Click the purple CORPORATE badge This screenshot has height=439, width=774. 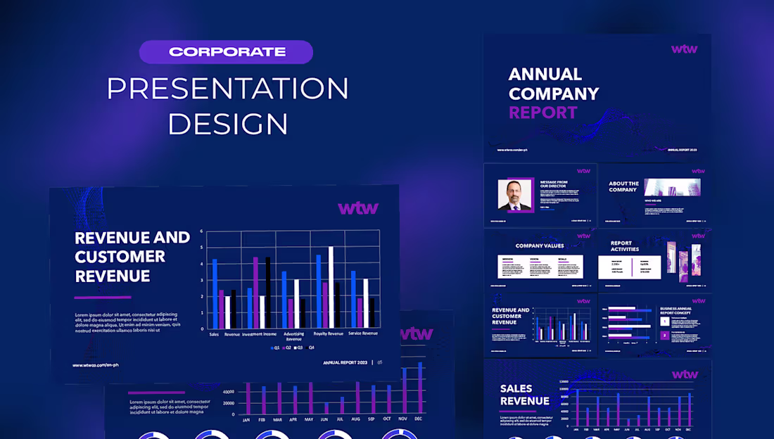coord(226,52)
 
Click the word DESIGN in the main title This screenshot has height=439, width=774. coord(227,123)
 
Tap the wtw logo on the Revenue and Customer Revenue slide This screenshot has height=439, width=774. coord(358,208)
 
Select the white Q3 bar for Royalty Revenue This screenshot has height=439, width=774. coord(331,287)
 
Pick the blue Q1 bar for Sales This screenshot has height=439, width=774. coord(215,293)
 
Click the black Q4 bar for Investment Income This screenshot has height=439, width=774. coord(267,292)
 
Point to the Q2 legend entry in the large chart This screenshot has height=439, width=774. coord(289,348)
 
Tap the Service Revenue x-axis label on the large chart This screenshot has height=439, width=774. coord(362,333)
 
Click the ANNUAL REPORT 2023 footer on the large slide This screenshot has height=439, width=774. coord(345,363)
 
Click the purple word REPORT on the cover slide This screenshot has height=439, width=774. coord(543,113)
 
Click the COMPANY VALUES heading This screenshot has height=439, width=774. coord(540,246)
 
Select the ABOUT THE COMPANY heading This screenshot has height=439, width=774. coord(623,186)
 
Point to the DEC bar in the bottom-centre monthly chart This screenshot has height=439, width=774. coord(421,388)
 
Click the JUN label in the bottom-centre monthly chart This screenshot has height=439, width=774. coord(324,419)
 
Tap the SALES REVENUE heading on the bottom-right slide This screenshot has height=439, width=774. coord(524,395)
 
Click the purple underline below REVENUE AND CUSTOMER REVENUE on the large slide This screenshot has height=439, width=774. coord(103,298)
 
